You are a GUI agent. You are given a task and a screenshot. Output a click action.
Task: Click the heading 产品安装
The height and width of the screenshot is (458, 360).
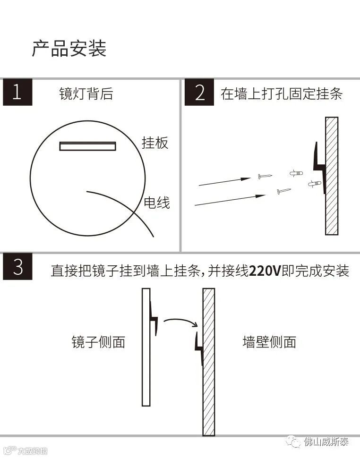click(x=69, y=49)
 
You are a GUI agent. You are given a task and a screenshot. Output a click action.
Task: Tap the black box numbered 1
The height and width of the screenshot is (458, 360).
click(x=17, y=92)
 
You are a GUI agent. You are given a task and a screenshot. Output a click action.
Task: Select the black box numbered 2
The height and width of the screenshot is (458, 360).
click(x=199, y=92)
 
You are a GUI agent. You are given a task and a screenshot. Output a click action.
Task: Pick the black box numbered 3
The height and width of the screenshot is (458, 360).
click(x=17, y=266)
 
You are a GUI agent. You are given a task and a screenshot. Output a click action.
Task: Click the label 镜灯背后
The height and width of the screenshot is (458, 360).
click(x=86, y=94)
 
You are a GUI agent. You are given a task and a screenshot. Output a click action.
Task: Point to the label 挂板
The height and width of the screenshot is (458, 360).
click(x=155, y=143)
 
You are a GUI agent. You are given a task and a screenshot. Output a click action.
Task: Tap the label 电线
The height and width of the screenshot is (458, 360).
click(x=157, y=203)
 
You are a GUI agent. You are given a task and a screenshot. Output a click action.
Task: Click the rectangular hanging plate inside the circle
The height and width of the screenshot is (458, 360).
click(x=88, y=146)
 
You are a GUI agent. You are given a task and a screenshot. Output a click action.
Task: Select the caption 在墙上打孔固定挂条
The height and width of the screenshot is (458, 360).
click(x=282, y=94)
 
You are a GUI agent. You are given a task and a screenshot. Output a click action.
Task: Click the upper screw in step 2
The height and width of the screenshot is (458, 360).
click(x=265, y=176)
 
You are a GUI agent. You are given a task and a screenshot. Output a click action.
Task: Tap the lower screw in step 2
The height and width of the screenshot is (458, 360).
click(x=284, y=191)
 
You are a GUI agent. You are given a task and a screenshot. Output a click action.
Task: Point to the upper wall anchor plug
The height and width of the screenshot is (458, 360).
click(x=296, y=173)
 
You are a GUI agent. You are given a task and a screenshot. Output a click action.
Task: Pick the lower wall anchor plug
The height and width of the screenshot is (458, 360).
click(x=315, y=184)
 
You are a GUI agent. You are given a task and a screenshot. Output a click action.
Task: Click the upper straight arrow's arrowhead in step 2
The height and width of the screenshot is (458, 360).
click(x=246, y=179)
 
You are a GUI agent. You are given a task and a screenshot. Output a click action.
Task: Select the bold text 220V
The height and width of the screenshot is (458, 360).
click(x=265, y=271)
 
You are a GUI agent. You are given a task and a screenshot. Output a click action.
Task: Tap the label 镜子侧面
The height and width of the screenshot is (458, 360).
click(x=98, y=342)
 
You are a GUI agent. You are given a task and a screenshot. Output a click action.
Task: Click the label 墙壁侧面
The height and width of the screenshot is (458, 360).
click(x=269, y=342)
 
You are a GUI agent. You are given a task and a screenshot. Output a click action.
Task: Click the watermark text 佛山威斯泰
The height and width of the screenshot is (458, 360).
click(x=326, y=441)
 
